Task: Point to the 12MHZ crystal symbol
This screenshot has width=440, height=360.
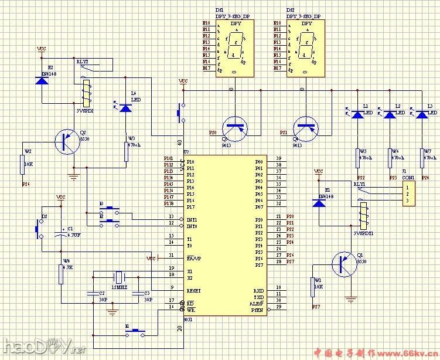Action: pos(118,277)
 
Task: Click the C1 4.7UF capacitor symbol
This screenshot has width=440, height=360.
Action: pos(60,232)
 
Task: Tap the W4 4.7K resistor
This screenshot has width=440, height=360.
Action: pos(62,274)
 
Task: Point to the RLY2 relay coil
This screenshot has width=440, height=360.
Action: pos(86,90)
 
